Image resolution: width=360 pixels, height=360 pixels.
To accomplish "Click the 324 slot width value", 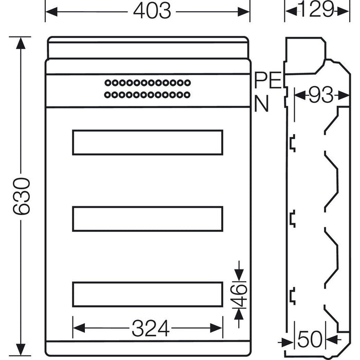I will click(151, 328).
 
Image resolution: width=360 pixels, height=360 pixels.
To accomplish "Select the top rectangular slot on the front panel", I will click(148, 142).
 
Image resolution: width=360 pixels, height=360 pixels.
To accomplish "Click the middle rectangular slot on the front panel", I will click(148, 219).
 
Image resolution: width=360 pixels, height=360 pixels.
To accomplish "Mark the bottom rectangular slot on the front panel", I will click(148, 294).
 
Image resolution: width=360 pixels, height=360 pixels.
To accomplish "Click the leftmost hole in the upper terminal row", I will click(106, 82).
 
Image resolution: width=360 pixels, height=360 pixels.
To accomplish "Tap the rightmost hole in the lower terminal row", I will click(188, 94).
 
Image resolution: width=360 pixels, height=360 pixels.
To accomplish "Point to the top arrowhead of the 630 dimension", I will click(20, 41).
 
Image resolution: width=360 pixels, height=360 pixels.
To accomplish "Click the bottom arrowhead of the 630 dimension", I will click(20, 351).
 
